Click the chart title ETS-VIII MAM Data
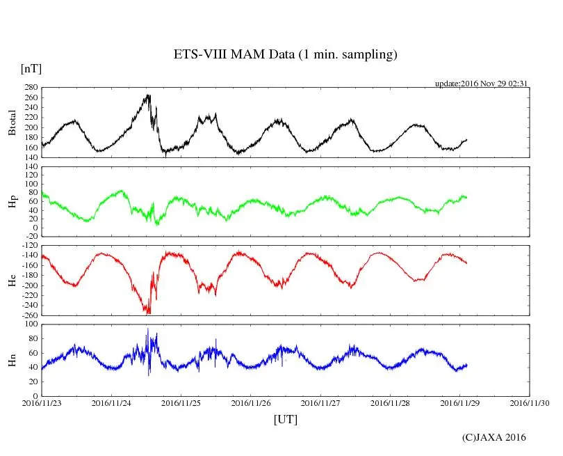click(x=285, y=55)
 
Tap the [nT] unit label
click(x=31, y=69)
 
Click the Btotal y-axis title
click(x=13, y=123)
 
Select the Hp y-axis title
click(x=13, y=202)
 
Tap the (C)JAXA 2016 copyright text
click(x=494, y=437)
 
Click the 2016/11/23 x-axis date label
click(x=42, y=402)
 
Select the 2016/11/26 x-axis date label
click(x=251, y=402)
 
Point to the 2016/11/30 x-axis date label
click(x=530, y=402)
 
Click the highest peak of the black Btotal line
click(x=148, y=95)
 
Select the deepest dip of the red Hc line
click(x=147, y=313)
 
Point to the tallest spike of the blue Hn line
click(x=147, y=329)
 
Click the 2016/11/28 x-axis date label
click(x=391, y=402)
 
